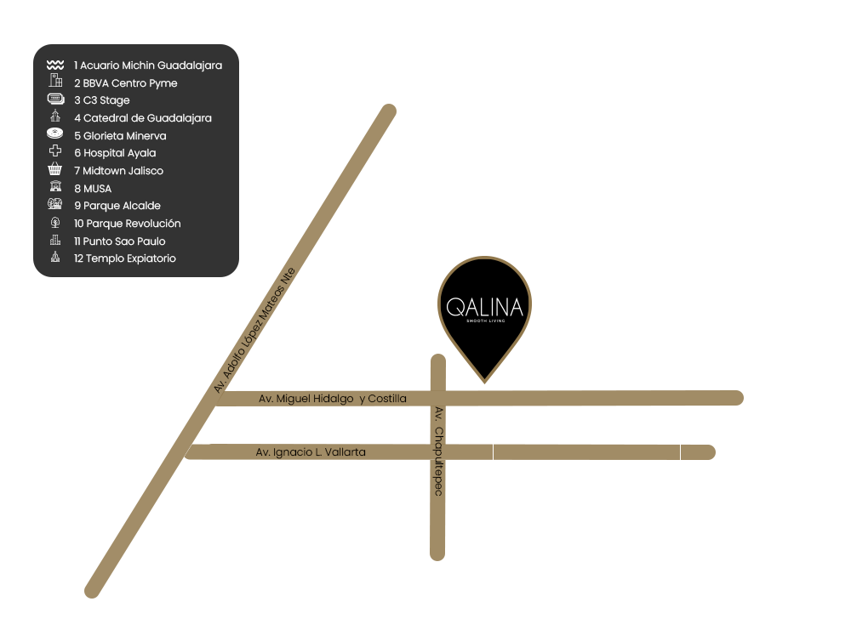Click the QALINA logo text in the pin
tap(485, 307)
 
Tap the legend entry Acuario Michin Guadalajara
tap(148, 65)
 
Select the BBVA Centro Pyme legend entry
tap(126, 83)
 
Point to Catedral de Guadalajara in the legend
tap(143, 118)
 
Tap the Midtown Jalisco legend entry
tap(118, 171)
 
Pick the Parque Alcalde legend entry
tap(117, 206)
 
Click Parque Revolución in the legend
tap(128, 224)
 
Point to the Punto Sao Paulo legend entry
tap(120, 241)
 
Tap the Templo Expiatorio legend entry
tap(125, 258)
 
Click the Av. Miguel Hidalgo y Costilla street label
tap(333, 399)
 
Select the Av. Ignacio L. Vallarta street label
tap(311, 452)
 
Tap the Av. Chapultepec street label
tap(438, 451)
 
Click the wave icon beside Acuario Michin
tap(55, 65)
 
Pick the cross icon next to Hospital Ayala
tap(55, 152)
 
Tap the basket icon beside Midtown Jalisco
tap(55, 170)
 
